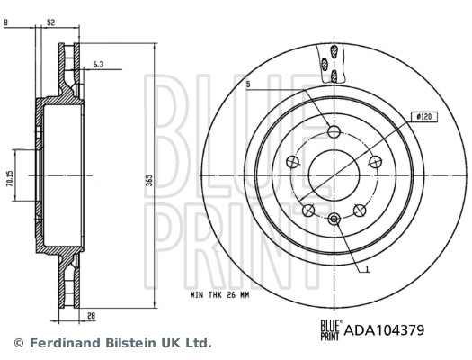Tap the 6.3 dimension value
click(x=99, y=65)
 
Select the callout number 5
click(x=247, y=85)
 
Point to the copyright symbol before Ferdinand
click(x=18, y=343)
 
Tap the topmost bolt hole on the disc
click(x=334, y=131)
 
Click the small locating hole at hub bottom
click(x=334, y=218)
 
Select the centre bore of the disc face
click(x=334, y=174)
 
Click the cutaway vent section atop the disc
click(x=330, y=66)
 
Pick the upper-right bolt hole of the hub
click(x=373, y=162)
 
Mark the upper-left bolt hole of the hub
click(x=293, y=162)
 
